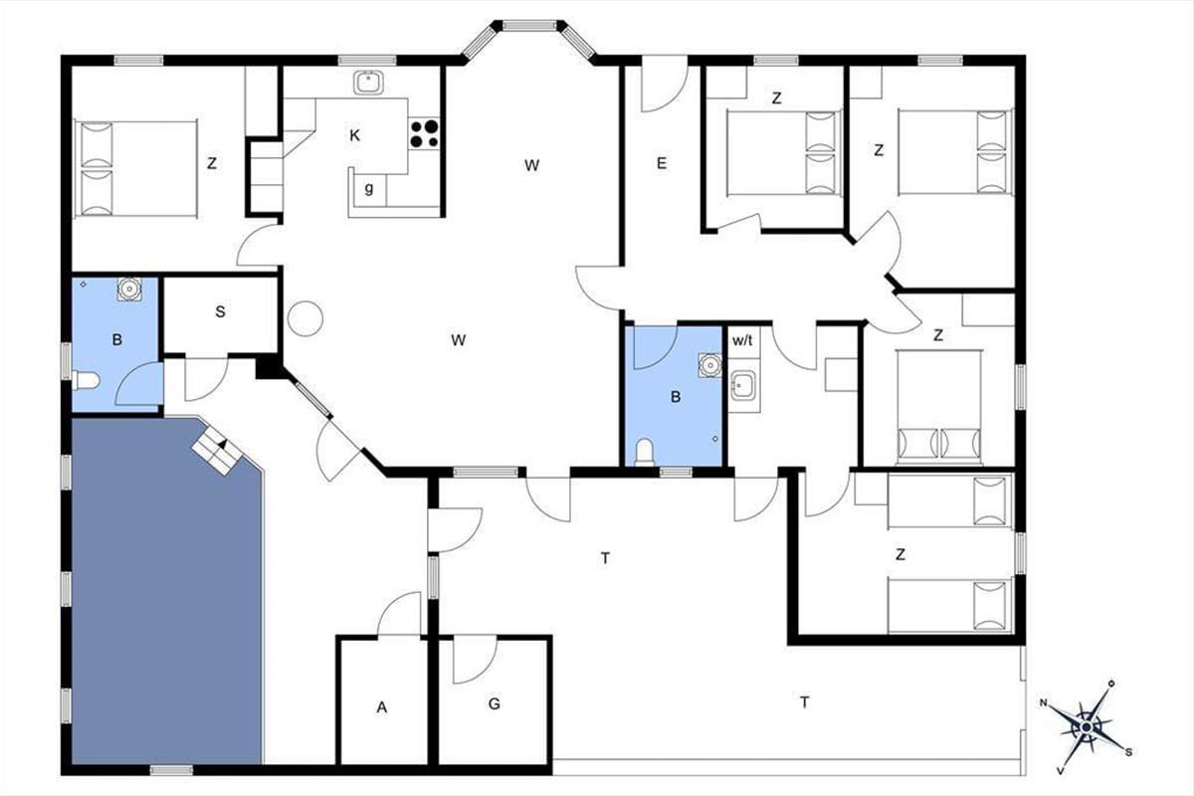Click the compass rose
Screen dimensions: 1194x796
[x=1086, y=727]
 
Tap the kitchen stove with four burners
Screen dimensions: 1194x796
[x=424, y=133]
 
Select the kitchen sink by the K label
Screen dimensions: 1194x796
[x=368, y=83]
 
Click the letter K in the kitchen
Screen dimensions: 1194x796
[x=354, y=135]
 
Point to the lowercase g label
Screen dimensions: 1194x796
[x=369, y=188]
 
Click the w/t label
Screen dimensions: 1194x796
[x=742, y=340]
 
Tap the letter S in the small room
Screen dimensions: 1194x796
[x=220, y=311]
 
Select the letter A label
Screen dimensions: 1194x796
[x=382, y=707]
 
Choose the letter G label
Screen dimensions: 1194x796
[x=495, y=703]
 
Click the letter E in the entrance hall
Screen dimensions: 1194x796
[x=662, y=163]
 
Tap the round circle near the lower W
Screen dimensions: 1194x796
[x=304, y=318]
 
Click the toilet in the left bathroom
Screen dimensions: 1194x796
[x=86, y=381]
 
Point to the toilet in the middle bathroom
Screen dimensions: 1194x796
[x=645, y=452]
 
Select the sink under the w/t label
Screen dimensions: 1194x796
[x=743, y=385]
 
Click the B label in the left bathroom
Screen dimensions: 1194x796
[x=117, y=339]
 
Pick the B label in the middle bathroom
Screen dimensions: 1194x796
[x=676, y=397]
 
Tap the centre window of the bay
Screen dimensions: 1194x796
[x=529, y=25]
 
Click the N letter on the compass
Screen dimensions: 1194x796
[x=1043, y=702]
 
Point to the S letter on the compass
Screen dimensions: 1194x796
[x=1128, y=752]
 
